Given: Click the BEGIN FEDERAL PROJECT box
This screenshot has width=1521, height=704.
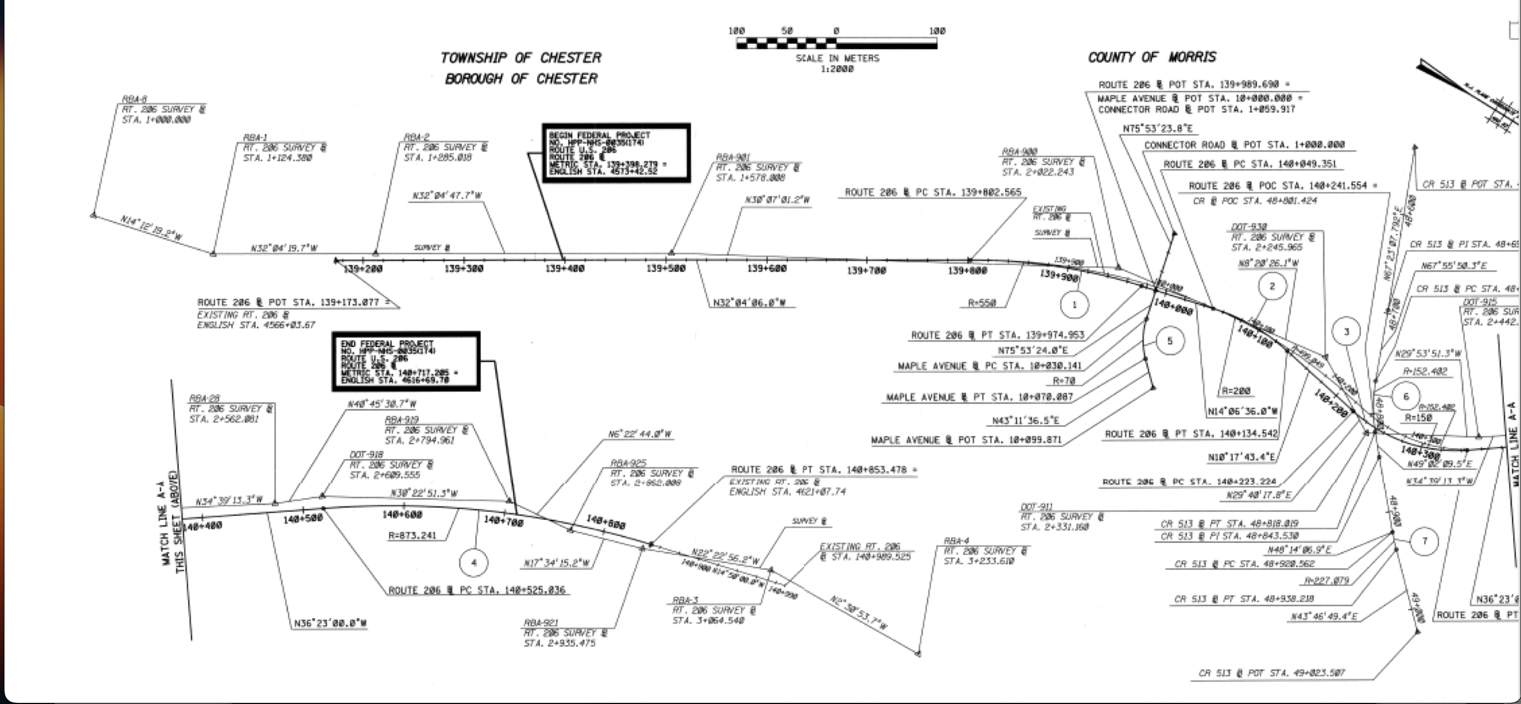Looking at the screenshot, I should coord(616,153).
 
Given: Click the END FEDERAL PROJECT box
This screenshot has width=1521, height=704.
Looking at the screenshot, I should coord(405,361).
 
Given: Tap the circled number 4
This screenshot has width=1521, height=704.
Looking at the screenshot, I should coord(473,562).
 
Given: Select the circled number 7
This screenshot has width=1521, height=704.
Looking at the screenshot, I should coord(1424,541).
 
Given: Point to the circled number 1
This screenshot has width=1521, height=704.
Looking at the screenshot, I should coord(1074,305).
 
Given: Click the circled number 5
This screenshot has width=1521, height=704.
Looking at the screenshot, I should coord(1169,341).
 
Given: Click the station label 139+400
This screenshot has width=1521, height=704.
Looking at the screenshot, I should coord(565,269).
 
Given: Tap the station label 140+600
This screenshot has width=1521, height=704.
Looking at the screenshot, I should coord(402,515).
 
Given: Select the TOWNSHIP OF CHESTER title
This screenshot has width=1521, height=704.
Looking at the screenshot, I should coord(520,58).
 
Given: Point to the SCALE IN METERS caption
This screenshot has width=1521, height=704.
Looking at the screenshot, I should coord(836,58).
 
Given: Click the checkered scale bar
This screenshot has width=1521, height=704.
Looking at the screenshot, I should coord(836,42).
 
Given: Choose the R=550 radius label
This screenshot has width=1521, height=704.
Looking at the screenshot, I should coord(981,303).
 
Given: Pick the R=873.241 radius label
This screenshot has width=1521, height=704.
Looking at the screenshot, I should coord(412,536).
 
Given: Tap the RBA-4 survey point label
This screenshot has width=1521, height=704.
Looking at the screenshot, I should coord(956,540).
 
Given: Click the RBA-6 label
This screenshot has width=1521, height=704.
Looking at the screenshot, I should coord(134,99).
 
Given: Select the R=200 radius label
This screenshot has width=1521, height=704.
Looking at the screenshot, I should coord(1236,391).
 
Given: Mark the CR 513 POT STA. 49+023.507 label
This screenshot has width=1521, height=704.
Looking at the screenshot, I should coord(1271,673).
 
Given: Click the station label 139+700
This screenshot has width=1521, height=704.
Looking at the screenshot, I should coord(866,270).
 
